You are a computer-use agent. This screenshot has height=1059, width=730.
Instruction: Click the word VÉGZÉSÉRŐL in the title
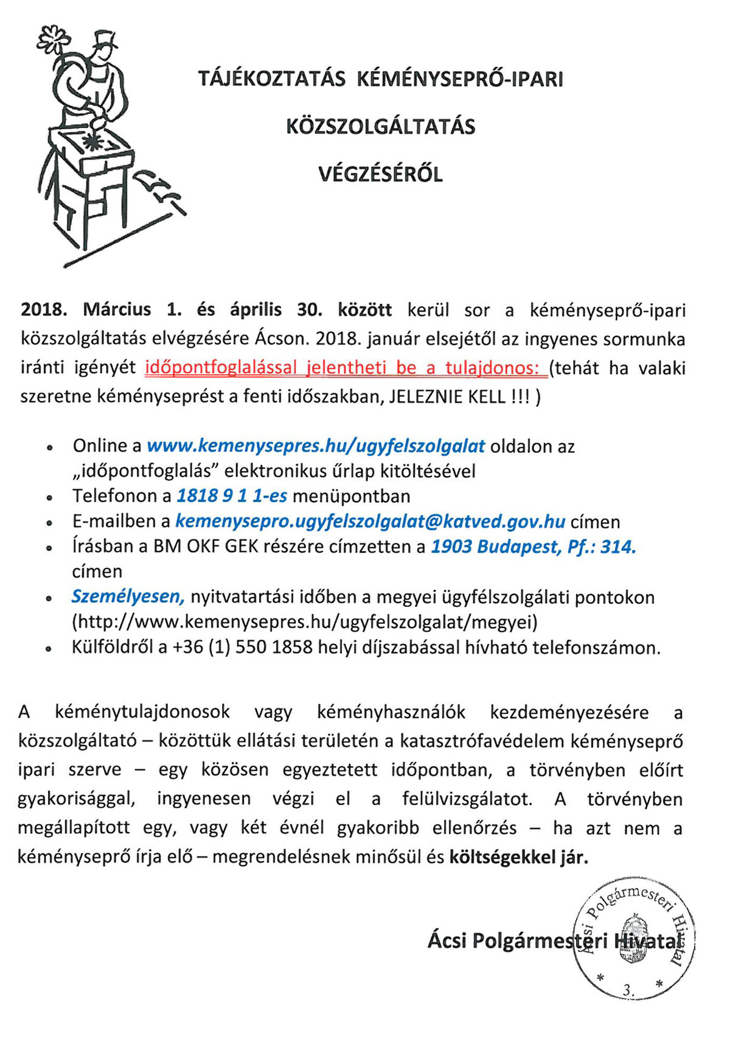tap(380, 175)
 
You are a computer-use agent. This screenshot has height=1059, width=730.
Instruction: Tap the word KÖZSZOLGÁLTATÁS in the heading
tap(381, 127)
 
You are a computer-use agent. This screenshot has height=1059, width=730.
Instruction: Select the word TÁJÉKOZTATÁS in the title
tap(271, 79)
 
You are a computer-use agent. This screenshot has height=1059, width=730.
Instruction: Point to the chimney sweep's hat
tap(105, 41)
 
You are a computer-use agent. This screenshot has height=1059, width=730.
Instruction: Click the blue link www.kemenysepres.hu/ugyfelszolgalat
tap(316, 446)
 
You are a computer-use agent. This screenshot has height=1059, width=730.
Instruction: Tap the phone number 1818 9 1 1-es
tap(232, 496)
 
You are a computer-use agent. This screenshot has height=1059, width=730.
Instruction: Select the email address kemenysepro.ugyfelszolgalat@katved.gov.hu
tap(370, 522)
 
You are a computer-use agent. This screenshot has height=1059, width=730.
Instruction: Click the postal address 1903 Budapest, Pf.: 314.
tap(533, 547)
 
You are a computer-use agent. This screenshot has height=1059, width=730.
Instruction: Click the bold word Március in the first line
tap(117, 309)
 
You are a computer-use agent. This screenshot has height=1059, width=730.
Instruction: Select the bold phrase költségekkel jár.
tap(519, 857)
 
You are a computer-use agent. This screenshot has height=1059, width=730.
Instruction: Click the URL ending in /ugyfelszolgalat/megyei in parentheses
tap(305, 622)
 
